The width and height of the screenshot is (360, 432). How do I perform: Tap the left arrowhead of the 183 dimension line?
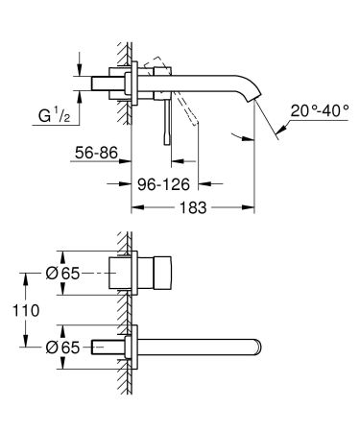click(x=133, y=205)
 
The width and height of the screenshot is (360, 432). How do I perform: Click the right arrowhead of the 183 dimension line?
click(x=252, y=205)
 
